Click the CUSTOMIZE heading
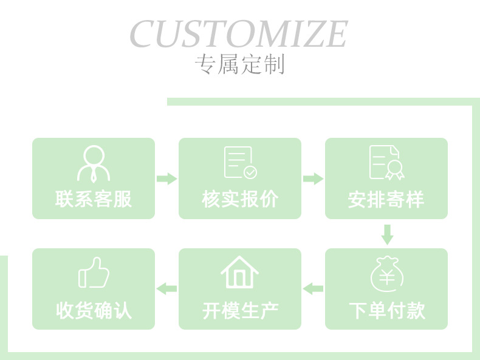238,34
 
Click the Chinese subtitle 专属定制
239,64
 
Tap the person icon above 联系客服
94,164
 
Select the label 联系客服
94,199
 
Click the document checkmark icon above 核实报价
240,163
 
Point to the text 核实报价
240,199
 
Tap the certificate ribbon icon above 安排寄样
387,163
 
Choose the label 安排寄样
386,199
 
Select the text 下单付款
386,310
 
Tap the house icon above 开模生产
239,273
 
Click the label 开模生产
240,310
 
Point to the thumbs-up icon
94,273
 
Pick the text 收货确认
94,310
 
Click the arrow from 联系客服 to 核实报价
167,178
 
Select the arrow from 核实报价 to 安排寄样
313,178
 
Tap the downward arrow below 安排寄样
387,234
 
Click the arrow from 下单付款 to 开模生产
313,288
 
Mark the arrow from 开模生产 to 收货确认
166,288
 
